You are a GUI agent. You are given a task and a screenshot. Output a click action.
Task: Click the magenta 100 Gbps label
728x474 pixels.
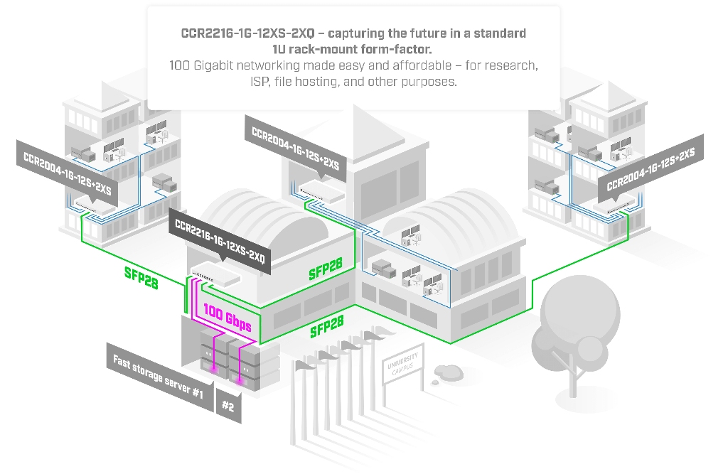pyautogui.click(x=227, y=318)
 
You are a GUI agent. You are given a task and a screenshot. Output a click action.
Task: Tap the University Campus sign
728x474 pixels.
pyautogui.click(x=403, y=364)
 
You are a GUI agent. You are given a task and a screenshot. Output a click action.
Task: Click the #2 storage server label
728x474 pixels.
pyautogui.click(x=228, y=406)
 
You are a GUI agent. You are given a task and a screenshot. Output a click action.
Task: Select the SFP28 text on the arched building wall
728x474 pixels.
pyautogui.click(x=326, y=269)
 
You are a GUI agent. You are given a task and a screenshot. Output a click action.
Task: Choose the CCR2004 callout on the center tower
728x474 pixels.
pyautogui.click(x=295, y=146)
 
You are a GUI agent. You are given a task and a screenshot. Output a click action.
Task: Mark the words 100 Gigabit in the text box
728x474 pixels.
pyautogui.click(x=205, y=65)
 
